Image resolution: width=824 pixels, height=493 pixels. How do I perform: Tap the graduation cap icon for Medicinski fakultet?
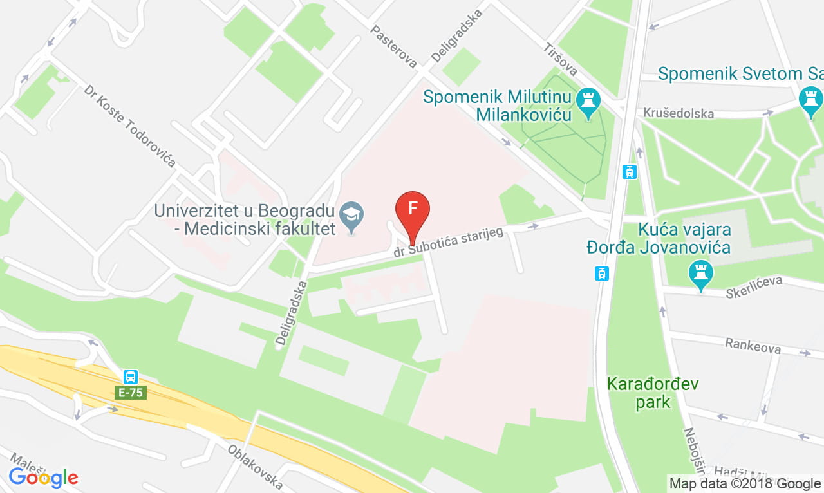point(352,212)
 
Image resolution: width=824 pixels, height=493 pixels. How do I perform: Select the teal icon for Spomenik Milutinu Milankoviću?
point(588,101)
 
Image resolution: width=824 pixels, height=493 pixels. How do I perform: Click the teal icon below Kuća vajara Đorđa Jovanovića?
point(701,273)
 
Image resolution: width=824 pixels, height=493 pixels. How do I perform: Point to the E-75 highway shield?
point(131,392)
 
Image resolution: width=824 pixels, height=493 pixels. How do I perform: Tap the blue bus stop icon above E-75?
point(131,377)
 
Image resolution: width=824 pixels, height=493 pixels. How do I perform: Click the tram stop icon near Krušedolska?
point(630,172)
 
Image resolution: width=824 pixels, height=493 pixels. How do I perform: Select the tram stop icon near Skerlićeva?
point(601,274)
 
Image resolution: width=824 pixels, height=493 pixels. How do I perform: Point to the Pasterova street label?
point(393,46)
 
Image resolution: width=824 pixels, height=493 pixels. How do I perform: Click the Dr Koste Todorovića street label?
point(130,125)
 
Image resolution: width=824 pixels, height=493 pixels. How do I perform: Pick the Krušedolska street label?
point(679,113)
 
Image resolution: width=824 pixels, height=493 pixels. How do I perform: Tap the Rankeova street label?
point(753,346)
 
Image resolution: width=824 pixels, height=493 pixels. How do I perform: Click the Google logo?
point(43,478)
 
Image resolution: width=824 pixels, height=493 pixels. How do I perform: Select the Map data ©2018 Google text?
point(744,483)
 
